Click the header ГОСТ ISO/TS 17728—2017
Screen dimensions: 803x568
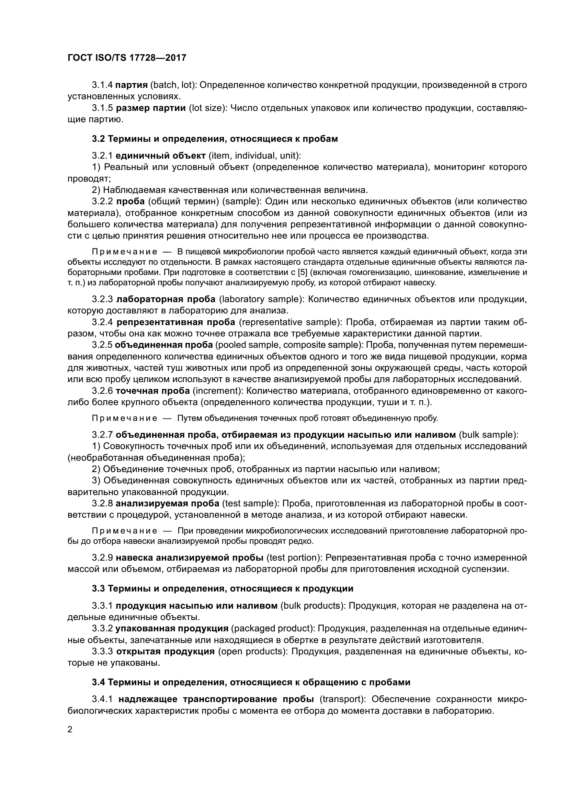(x=127, y=58)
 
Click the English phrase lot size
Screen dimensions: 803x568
(x=205, y=108)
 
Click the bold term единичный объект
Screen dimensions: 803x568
(x=160, y=155)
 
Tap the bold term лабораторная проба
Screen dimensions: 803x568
(x=166, y=299)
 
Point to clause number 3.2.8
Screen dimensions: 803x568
(x=102, y=503)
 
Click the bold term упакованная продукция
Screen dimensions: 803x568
(x=172, y=629)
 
